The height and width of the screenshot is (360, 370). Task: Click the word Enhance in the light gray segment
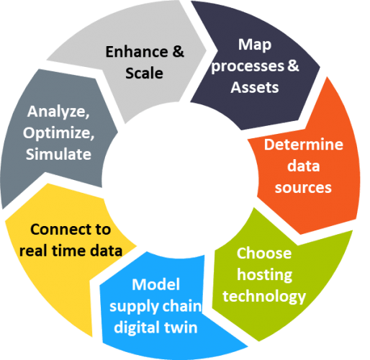click(x=137, y=52)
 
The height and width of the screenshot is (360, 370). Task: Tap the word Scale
click(x=144, y=73)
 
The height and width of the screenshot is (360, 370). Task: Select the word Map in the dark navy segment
click(x=255, y=45)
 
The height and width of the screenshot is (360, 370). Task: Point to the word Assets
click(x=255, y=87)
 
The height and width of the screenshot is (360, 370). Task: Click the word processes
click(x=248, y=66)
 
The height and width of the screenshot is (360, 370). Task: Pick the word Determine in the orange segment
click(x=304, y=144)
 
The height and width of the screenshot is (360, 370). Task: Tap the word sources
click(x=303, y=188)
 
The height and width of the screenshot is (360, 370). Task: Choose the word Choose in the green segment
click(x=264, y=253)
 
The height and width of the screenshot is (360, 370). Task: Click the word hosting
click(x=265, y=275)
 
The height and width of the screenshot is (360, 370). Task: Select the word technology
click(x=264, y=297)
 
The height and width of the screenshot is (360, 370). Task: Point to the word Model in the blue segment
click(x=155, y=284)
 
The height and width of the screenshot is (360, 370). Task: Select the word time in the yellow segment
click(x=68, y=251)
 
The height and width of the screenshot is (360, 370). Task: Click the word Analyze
click(x=58, y=112)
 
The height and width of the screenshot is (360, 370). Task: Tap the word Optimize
click(x=58, y=133)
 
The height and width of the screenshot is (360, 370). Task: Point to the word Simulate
click(x=58, y=154)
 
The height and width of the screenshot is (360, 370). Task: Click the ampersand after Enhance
click(x=178, y=52)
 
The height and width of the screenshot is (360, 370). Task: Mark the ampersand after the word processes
click(x=293, y=66)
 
